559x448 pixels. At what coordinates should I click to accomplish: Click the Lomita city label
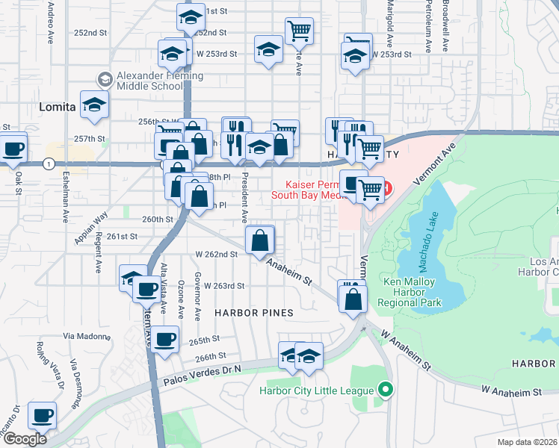58,108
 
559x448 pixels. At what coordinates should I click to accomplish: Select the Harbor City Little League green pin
385,390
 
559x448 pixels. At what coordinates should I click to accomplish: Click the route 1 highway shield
48,164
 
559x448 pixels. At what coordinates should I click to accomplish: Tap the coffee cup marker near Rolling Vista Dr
42,416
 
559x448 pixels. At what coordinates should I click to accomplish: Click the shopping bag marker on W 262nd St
260,241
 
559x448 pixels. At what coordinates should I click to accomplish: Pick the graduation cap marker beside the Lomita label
94,106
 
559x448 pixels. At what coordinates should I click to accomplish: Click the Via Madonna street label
87,337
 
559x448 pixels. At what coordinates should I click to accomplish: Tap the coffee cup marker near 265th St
165,340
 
